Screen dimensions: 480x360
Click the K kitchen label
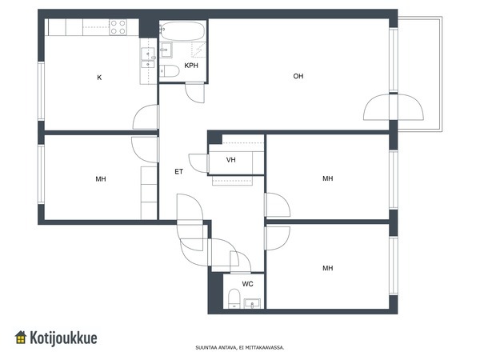pyautogui.click(x=99, y=78)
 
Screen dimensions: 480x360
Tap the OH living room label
pyautogui.click(x=298, y=76)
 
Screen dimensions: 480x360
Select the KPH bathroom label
pyautogui.click(x=191, y=66)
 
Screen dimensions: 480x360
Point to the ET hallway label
pyautogui.click(x=178, y=171)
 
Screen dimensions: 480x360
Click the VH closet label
pyautogui.click(x=231, y=159)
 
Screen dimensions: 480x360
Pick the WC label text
pyautogui.click(x=247, y=284)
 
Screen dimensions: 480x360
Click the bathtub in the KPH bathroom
pyautogui.click(x=182, y=31)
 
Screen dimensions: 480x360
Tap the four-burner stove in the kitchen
pyautogui.click(x=118, y=27)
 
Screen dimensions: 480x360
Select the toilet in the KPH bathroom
pyautogui.click(x=170, y=71)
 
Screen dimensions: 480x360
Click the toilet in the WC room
pyautogui.click(x=234, y=298)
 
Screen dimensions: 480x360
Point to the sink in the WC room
pyautogui.click(x=252, y=303)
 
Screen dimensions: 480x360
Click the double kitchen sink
pyautogui.click(x=148, y=58)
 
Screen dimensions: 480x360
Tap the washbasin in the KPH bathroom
pyautogui.click(x=166, y=50)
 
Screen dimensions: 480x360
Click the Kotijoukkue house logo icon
pyautogui.click(x=21, y=337)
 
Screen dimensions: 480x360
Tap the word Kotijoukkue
pyautogui.click(x=63, y=338)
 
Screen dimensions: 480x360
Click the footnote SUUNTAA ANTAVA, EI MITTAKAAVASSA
pyautogui.click(x=240, y=347)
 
